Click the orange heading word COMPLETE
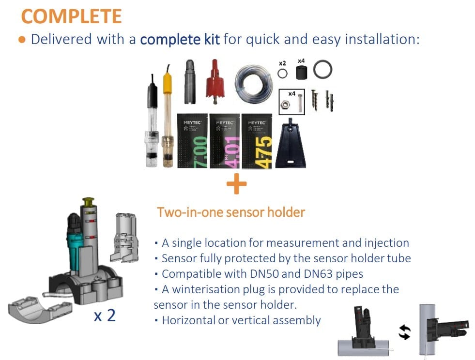72,16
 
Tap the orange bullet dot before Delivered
22,40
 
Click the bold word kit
212,39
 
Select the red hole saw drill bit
215,82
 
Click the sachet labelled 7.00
193,141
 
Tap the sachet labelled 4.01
225,141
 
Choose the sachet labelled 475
257,141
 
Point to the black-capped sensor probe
152,120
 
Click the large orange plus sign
237,183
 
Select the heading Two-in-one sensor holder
231,212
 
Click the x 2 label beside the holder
105,316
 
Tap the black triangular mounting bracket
291,144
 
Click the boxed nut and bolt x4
291,102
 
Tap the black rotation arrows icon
405,332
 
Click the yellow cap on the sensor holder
88,202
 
